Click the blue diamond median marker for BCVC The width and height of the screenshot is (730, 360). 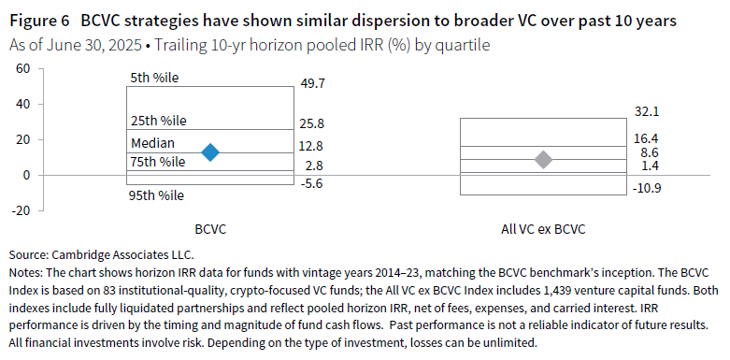coord(211,152)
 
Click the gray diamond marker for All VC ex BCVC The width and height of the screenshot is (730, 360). coord(542,160)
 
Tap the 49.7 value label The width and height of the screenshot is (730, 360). coord(313,84)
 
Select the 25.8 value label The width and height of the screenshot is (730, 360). coord(313,123)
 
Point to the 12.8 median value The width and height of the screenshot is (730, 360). coord(313,145)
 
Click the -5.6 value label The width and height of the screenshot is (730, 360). coord(313,184)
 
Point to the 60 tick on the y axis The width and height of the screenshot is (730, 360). coord(23,68)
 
